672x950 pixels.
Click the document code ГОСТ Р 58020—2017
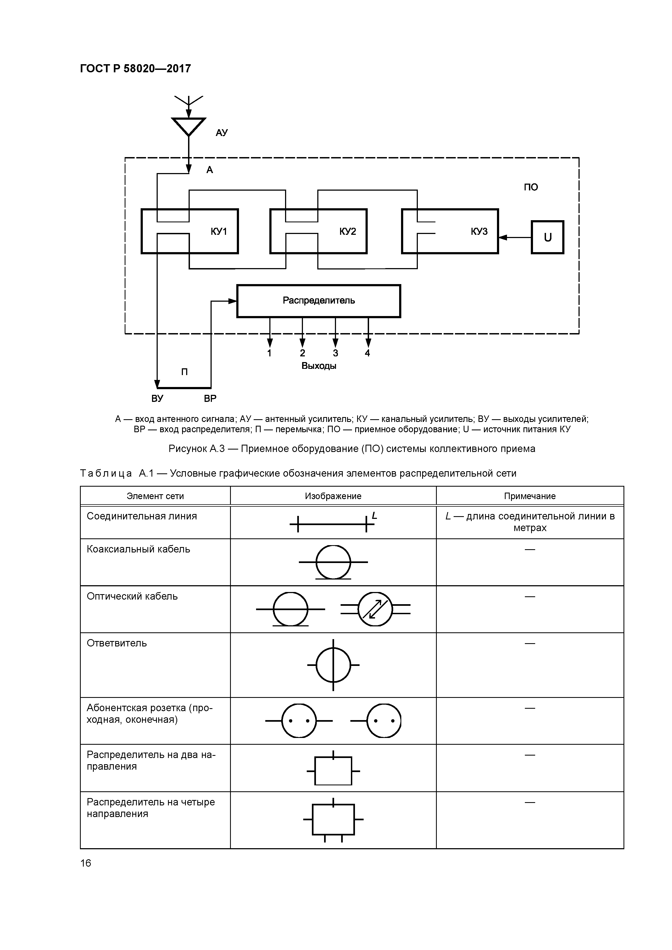point(135,68)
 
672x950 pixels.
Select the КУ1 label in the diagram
point(219,231)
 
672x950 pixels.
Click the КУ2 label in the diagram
point(347,231)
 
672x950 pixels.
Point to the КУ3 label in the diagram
point(479,231)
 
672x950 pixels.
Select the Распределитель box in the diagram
point(318,301)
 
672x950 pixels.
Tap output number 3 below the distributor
point(335,353)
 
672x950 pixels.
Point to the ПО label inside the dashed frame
point(531,187)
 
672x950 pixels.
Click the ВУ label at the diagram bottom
point(157,398)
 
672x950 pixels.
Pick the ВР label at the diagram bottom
point(210,398)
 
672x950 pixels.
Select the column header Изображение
point(333,496)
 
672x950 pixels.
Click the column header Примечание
point(529,496)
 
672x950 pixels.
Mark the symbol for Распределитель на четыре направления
point(333,819)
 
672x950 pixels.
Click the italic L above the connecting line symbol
point(374,516)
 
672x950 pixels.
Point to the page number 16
point(86,863)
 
